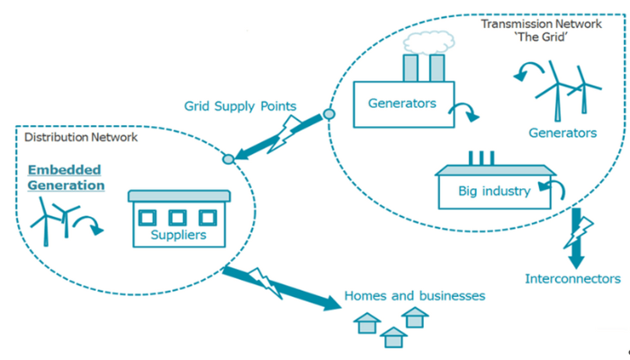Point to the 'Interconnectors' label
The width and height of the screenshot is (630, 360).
point(572,279)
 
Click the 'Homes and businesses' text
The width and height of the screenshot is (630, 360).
point(415,295)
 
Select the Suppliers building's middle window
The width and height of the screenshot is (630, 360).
point(178,218)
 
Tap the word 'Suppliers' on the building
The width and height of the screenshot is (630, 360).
point(178,237)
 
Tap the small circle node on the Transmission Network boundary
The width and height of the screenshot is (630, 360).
point(328,114)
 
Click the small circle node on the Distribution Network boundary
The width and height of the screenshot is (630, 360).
point(228,159)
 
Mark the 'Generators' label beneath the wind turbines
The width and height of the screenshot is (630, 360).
point(562,133)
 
